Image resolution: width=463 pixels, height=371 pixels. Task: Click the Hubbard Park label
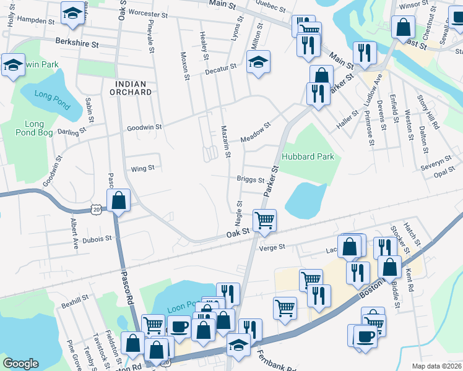point(308,156)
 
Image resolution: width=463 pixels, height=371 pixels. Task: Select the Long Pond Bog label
point(35,129)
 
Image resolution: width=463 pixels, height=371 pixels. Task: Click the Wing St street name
point(142,168)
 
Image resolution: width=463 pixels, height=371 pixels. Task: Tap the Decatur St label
point(221,67)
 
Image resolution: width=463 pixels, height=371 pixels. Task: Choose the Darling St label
point(71,132)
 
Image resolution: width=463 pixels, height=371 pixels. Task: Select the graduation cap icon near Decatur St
point(259,61)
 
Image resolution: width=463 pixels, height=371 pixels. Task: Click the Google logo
point(20,364)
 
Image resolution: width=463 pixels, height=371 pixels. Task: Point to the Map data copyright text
point(436,366)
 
